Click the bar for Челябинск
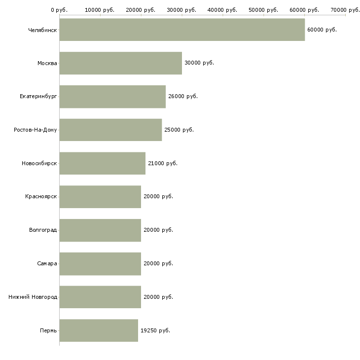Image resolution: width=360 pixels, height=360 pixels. pos(182,30)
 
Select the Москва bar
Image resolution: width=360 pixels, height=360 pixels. pos(120,63)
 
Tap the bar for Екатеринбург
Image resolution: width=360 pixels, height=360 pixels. pos(112,97)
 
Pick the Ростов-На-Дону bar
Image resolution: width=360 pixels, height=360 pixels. pos(110,130)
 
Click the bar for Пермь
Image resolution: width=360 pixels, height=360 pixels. pos(99,330)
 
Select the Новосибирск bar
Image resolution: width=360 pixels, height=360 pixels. pos(102,163)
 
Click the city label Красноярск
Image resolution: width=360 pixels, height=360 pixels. pos(41,196)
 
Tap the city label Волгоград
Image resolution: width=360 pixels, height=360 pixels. pos(43,230)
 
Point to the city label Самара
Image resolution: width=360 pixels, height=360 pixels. pos(47,263)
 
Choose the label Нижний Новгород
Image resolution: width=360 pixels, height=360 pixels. pos(33,297)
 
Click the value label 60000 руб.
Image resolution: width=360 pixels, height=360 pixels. pos(322,30)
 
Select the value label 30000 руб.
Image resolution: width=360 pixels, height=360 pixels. pos(199,63)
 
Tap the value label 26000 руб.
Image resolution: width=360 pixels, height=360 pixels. pos(182,97)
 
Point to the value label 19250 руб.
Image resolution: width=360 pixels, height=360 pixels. pos(155,330)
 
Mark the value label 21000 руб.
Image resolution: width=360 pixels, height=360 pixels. pos(162,163)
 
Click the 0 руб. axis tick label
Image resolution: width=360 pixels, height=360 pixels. pos(59,10)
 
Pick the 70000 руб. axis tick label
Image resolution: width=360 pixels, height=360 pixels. pos(345,10)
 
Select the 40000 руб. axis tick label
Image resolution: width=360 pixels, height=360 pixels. pos(223,10)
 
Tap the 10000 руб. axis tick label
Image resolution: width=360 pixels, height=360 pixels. pos(100,10)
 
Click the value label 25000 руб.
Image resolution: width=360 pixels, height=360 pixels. pos(179,130)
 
